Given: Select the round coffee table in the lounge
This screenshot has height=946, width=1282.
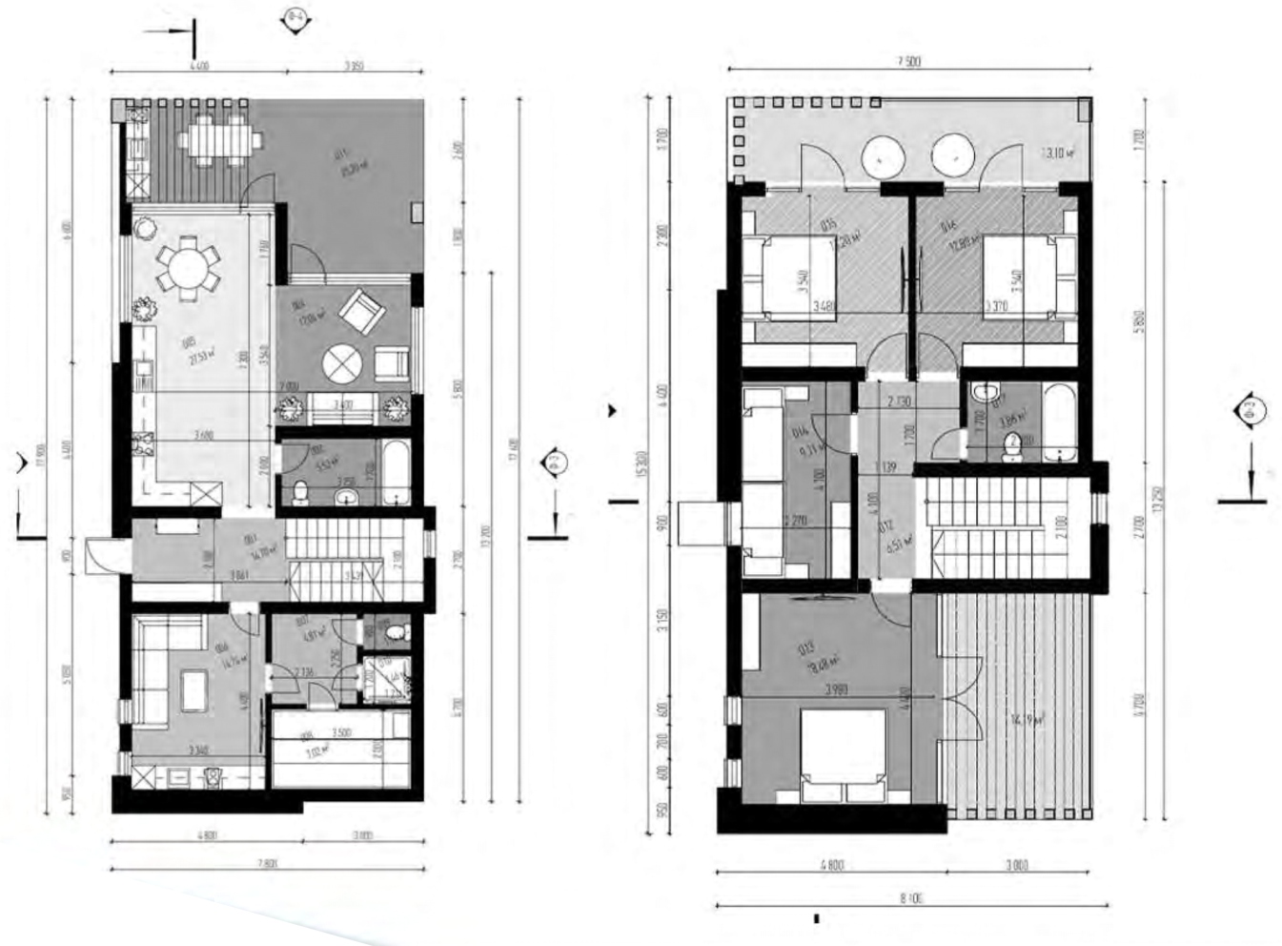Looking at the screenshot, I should point(343,363).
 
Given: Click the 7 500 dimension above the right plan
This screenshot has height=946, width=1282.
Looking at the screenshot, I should point(908,62).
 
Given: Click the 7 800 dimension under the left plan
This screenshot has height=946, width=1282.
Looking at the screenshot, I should point(267,863).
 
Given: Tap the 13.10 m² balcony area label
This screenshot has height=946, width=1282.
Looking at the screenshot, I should point(1057,152).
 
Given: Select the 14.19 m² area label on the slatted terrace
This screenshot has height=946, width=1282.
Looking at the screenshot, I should point(1028,722).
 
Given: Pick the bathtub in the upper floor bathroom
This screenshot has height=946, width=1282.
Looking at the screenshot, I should point(1057,421).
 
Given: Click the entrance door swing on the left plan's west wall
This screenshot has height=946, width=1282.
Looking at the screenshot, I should point(100,555).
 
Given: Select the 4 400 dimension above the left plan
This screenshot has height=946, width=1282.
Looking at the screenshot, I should point(199,67).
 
